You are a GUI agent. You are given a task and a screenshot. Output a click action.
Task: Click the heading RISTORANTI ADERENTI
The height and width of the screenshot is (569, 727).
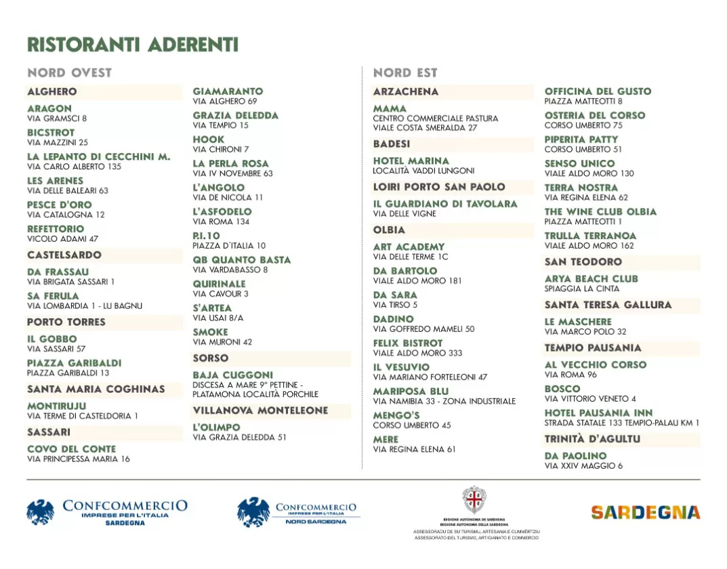pos(133,45)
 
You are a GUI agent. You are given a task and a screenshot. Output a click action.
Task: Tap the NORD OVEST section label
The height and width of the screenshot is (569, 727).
pos(70,72)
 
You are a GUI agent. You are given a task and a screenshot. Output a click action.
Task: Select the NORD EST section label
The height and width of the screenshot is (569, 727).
pos(405,72)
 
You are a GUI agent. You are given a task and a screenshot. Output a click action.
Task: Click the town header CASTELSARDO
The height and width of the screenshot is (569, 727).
pos(64,255)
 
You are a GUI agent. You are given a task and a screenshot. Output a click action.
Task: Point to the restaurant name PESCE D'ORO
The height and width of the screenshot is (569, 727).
pos(60,205)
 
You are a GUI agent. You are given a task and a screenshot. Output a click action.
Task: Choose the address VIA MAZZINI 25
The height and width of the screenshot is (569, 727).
pos(58,143)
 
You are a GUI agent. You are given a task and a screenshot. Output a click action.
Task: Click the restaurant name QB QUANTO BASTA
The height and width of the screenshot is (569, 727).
pos(242,259)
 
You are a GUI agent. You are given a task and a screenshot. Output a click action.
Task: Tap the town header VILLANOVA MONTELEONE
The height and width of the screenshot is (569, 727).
pos(260,410)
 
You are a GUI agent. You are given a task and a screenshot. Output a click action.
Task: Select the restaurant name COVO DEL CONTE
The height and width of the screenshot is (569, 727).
pos(72,449)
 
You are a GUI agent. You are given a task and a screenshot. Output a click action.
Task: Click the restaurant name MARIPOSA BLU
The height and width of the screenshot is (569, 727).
pos(411,392)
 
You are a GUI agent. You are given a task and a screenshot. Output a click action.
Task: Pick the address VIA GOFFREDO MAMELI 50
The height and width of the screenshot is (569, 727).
pos(423,329)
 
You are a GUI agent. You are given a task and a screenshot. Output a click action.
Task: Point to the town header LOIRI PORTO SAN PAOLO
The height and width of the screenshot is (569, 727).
pos(439,187)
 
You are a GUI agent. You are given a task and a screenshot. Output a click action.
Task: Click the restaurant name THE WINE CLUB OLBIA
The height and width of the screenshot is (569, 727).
pos(600,211)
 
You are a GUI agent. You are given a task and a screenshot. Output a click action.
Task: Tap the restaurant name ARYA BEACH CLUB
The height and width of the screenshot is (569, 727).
pos(591,278)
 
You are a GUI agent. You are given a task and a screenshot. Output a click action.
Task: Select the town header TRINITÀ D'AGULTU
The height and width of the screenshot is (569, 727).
pos(592,439)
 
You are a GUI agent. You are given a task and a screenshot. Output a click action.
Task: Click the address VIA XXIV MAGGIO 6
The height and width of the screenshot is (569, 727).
pos(583,466)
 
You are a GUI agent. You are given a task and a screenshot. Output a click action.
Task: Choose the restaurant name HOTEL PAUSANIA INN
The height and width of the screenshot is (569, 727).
pos(599,413)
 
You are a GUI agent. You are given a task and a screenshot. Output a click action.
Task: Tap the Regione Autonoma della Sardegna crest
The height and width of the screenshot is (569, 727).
pos(474,499)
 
